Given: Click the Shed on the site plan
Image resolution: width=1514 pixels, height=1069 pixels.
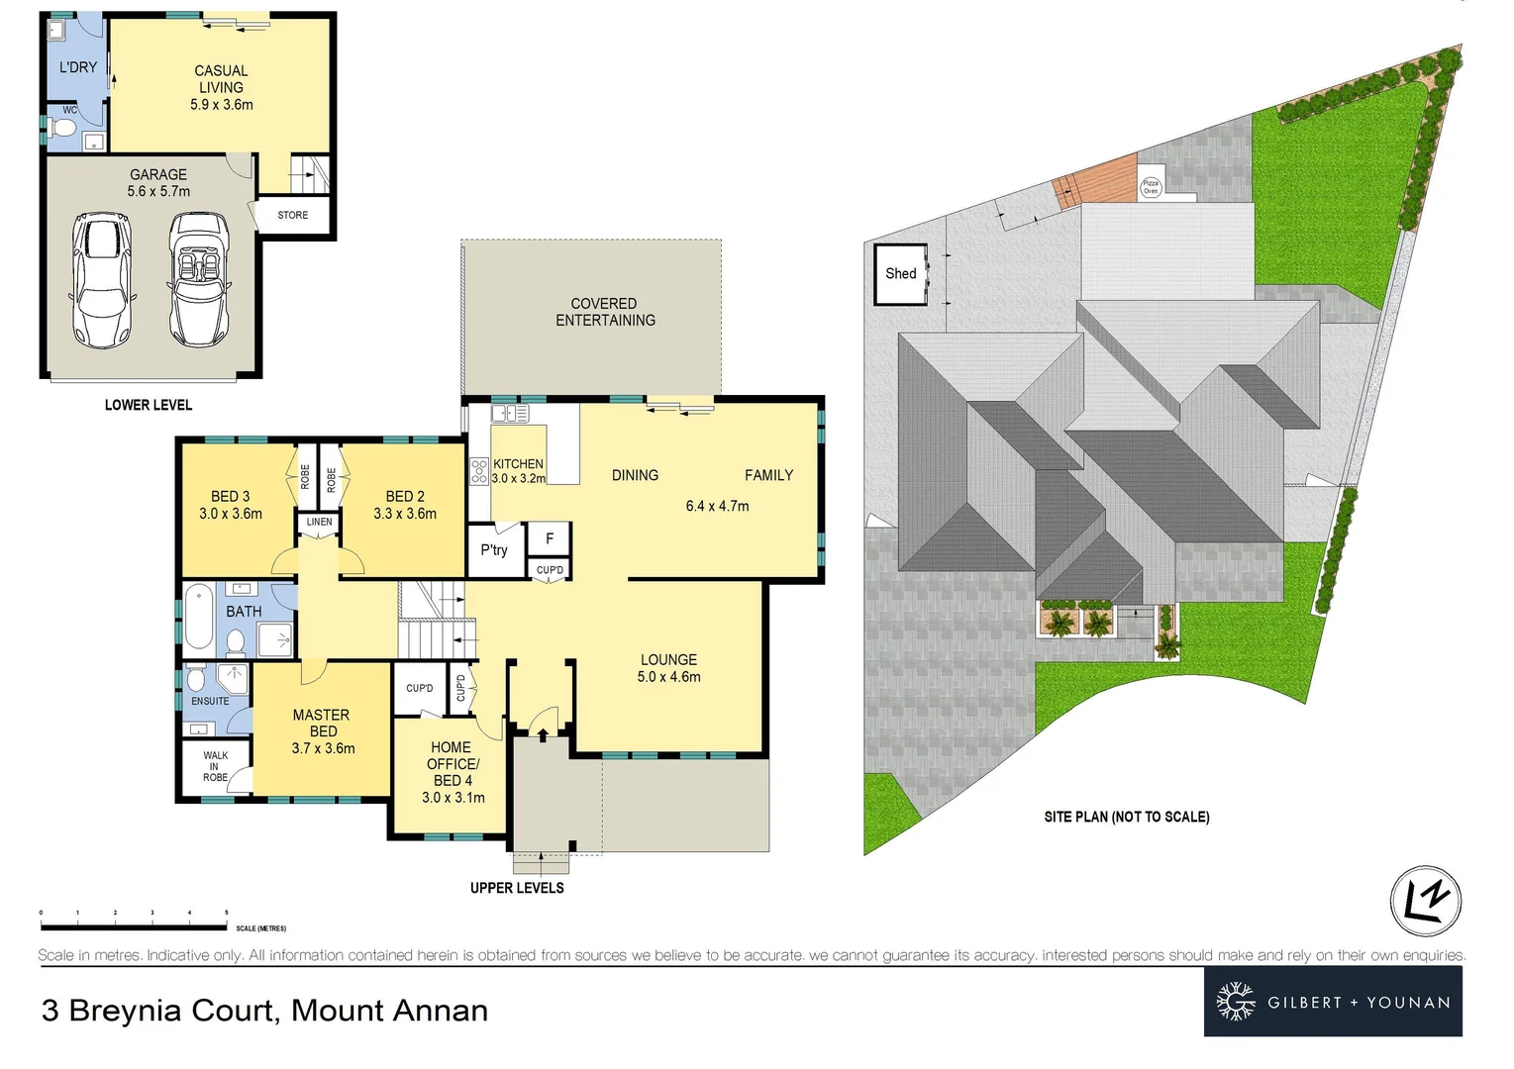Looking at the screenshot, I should tap(900, 274).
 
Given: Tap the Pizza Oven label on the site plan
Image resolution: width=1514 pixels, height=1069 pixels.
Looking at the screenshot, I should tap(1150, 187).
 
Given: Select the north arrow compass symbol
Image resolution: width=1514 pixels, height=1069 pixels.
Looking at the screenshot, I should tap(1425, 902).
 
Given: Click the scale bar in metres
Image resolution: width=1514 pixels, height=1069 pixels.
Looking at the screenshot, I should tap(134, 926).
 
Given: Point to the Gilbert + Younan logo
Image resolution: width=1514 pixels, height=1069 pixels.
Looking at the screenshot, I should tap(1333, 1002).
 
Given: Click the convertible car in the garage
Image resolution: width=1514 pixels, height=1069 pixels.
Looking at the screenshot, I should tap(200, 278).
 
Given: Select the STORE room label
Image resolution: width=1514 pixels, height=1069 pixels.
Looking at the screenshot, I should tap(292, 215).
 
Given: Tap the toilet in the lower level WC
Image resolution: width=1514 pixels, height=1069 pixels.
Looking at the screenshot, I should tap(64, 128).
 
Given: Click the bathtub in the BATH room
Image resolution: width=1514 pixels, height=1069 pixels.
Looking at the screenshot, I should tap(199, 616).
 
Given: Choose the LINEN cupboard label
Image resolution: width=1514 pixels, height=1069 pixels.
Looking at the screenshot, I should tap(319, 522).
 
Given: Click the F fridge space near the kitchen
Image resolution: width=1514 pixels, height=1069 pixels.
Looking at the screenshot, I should tap(550, 539).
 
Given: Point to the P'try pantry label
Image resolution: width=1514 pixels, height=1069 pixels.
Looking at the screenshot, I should tap(493, 550).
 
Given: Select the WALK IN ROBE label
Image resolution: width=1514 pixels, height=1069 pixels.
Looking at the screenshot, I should tap(215, 766).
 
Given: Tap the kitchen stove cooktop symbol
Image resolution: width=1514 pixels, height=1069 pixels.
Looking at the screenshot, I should tap(479, 470).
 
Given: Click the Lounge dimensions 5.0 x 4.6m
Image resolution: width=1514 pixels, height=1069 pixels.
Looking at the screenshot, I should tap(668, 677).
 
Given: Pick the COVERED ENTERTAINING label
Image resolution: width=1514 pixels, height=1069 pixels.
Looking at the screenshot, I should tap(605, 312).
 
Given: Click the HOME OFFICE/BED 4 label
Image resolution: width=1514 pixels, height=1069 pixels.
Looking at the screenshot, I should tap(453, 772).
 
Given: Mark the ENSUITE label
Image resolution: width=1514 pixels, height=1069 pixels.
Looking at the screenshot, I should tap(210, 701).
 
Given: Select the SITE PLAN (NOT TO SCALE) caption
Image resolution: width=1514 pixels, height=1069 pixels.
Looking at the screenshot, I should tap(1126, 817).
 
